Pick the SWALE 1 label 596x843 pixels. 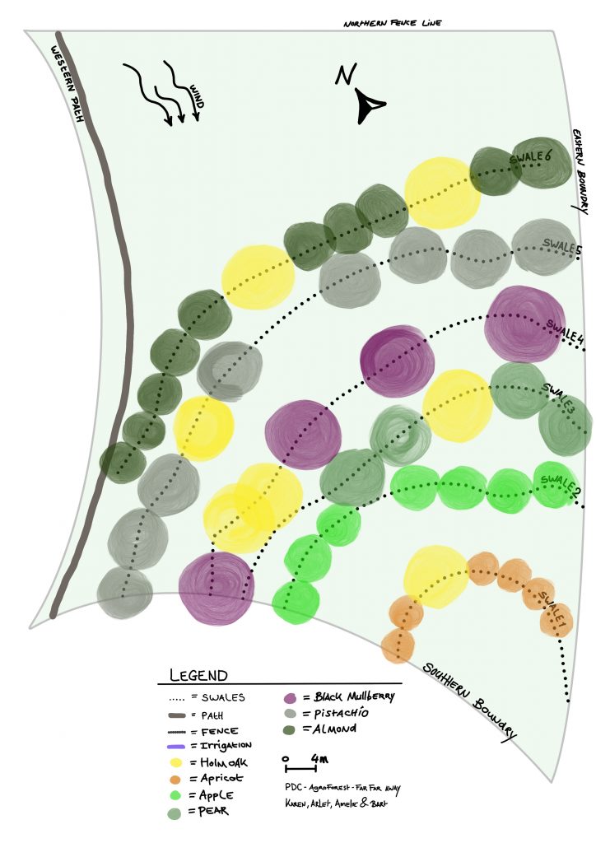(x=549, y=605)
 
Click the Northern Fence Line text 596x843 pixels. (x=393, y=23)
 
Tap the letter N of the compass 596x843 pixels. (x=345, y=77)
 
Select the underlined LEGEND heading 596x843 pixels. (x=198, y=676)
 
